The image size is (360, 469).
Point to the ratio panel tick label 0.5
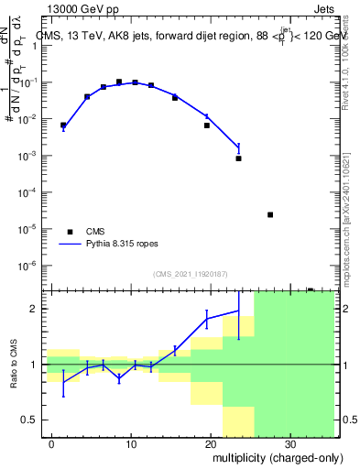[x=29, y=420]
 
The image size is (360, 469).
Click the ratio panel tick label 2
[x=34, y=309]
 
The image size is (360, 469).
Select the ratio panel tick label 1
[x=34, y=365]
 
